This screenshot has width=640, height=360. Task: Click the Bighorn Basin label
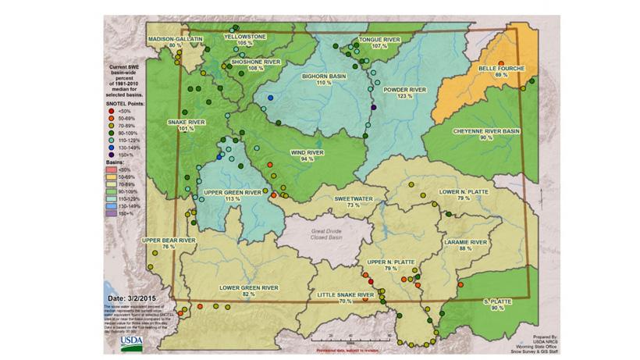pyautogui.click(x=325, y=76)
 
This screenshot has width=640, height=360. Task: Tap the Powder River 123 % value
pyautogui.click(x=404, y=97)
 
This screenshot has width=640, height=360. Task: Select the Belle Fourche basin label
pyautogui.click(x=502, y=68)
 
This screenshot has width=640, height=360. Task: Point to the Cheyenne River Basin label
pyautogui.click(x=486, y=131)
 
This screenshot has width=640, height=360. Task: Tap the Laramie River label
pyautogui.click(x=465, y=243)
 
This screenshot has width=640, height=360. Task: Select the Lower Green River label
pyautogui.click(x=248, y=288)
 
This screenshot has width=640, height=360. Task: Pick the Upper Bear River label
pyautogui.click(x=168, y=241)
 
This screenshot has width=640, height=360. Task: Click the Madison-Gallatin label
pyautogui.click(x=175, y=38)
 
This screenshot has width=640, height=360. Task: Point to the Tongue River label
pyautogui.click(x=379, y=39)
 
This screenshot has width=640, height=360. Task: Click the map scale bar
pyautogui.click(x=350, y=340)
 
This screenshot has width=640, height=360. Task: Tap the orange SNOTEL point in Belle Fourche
pyautogui.click(x=501, y=62)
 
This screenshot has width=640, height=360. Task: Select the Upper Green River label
pyautogui.click(x=232, y=191)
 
